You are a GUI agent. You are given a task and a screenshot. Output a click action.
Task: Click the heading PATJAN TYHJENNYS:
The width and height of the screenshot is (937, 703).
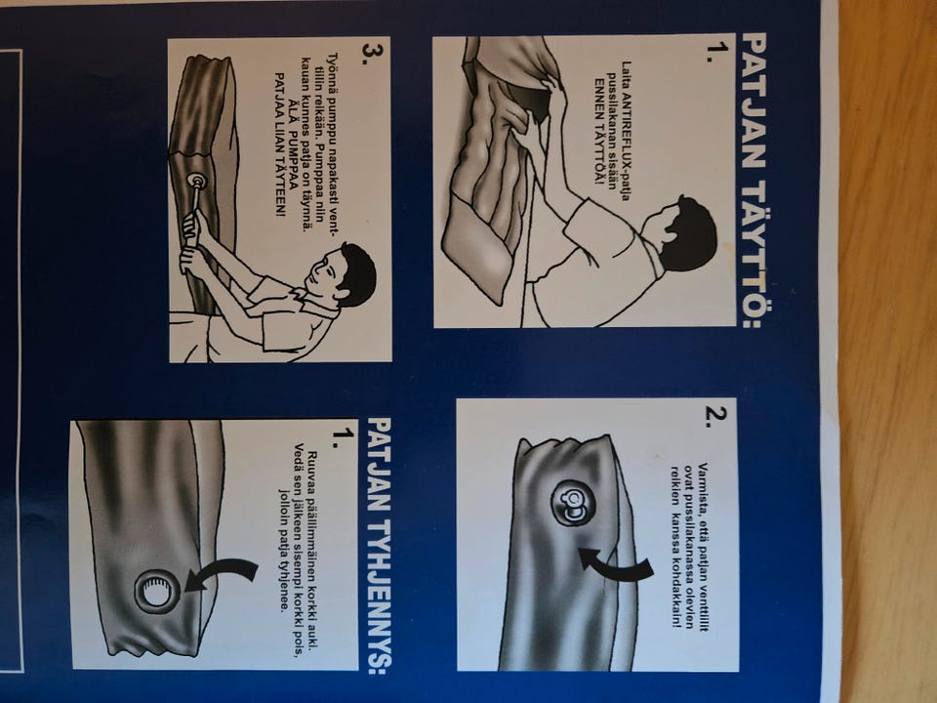(x=380, y=545)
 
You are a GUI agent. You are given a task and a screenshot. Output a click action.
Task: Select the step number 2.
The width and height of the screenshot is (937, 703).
(x=715, y=417)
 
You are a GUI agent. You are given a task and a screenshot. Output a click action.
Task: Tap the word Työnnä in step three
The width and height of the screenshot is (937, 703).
(x=333, y=70)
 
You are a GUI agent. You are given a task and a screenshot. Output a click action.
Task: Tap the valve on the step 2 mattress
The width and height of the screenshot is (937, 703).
(x=573, y=503)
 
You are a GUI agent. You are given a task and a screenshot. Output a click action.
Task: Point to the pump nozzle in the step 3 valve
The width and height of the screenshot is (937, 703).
(x=194, y=182)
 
